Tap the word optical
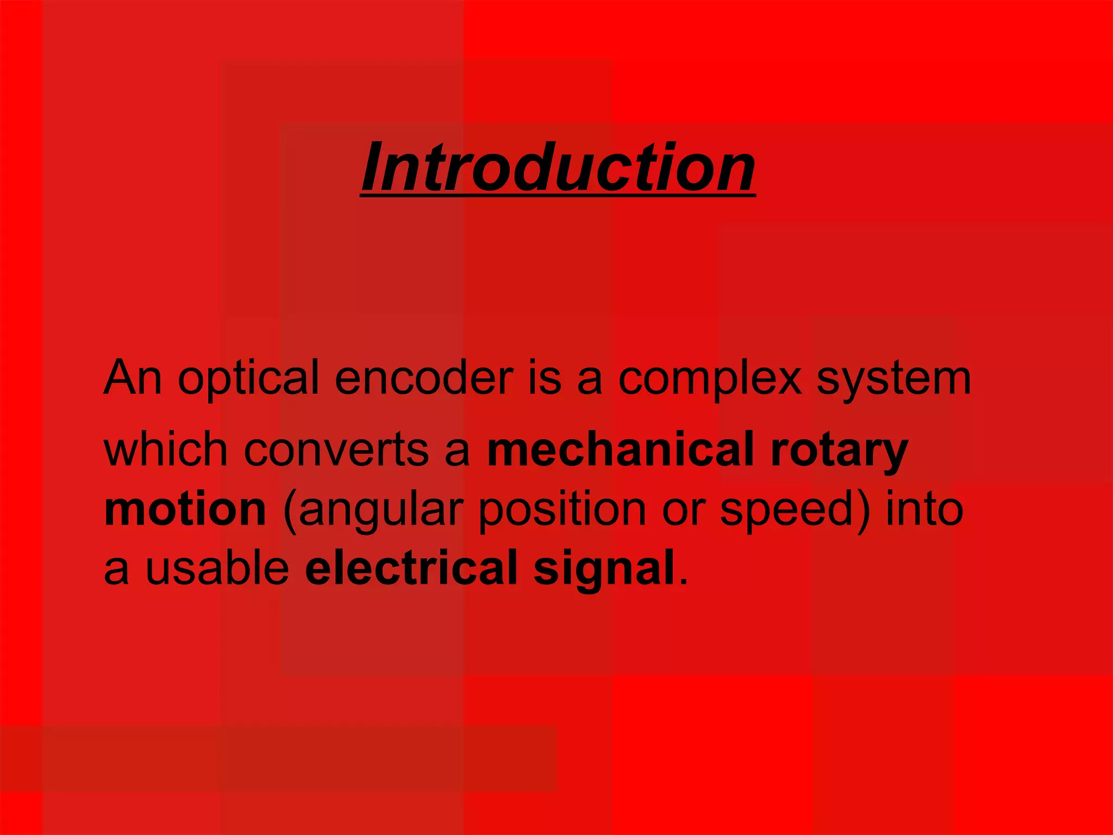[x=248, y=379]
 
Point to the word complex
[x=710, y=379]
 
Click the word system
[x=893, y=379]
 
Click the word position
[x=562, y=511]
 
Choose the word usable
[x=217, y=568]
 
